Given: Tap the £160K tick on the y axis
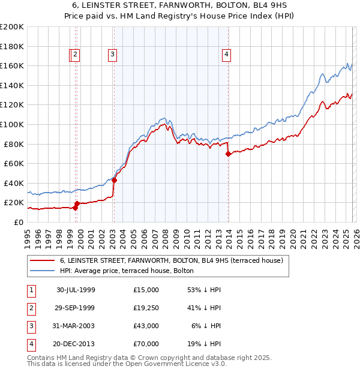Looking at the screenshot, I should click(x=12, y=65).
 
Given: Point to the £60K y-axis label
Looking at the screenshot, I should click(x=14, y=163).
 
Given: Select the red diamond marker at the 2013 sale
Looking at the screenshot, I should click(x=228, y=154).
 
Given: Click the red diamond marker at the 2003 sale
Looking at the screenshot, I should click(x=114, y=180).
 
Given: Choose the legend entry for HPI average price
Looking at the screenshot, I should click(x=126, y=271).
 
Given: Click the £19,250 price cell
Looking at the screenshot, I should click(x=146, y=307).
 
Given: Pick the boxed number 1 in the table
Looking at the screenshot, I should click(x=30, y=290).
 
